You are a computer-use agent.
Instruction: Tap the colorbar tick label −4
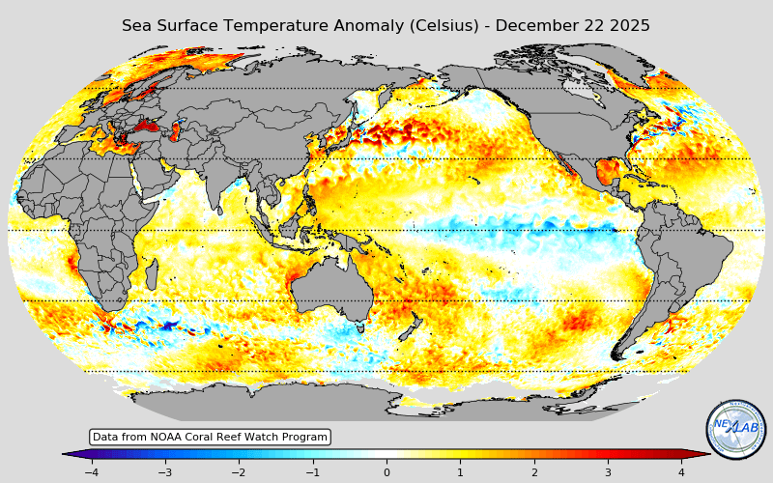tap(91, 472)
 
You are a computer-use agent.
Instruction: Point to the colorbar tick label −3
tap(164, 472)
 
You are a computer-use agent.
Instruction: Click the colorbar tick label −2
tap(238, 472)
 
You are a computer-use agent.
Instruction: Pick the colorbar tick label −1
tap(312, 472)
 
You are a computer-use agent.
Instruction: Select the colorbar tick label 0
tap(386, 472)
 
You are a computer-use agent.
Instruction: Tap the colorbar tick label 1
tap(460, 472)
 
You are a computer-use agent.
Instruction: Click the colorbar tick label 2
tap(533, 472)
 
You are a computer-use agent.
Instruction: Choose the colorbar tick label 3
tap(608, 472)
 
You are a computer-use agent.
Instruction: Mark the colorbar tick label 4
tap(681, 472)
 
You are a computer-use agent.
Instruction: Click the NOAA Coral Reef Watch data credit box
tap(210, 438)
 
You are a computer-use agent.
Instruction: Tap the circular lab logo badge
tap(736, 429)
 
